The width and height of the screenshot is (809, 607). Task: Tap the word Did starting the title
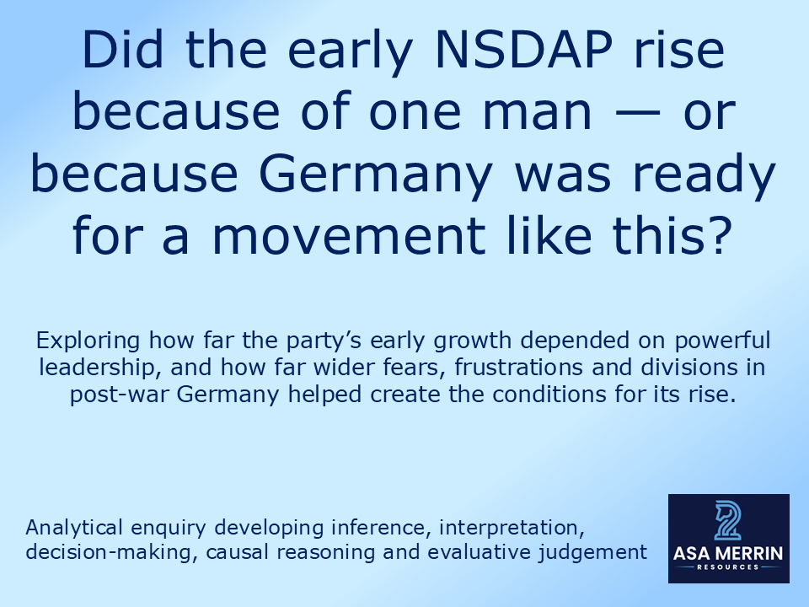click(119, 52)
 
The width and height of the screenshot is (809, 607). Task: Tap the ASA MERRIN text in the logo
click(728, 554)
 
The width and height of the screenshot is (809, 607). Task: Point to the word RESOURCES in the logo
click(728, 568)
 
